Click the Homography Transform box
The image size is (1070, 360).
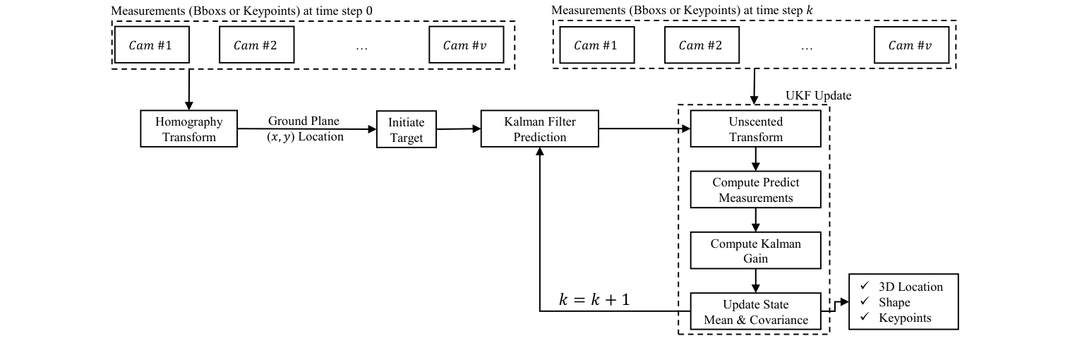[x=188, y=128]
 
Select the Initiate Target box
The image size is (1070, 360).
[x=406, y=129]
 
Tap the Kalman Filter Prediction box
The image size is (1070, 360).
[x=540, y=128]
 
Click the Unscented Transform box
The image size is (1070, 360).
[x=755, y=129]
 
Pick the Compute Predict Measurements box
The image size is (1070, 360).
[x=755, y=190]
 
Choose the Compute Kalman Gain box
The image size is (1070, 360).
[x=755, y=251]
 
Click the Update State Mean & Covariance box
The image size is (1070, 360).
[x=755, y=312]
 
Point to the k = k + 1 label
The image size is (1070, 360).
[x=594, y=299]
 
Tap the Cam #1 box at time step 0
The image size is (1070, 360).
[x=150, y=46]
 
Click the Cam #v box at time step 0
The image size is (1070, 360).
[x=465, y=46]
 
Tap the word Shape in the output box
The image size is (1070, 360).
[x=894, y=302]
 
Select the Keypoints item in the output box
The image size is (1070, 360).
[x=904, y=318]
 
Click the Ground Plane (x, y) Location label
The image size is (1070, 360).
[x=305, y=128]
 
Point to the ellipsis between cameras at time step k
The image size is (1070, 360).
[x=807, y=47]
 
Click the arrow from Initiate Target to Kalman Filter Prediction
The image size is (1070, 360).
[x=458, y=129]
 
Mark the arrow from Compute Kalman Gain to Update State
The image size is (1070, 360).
[x=755, y=281]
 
